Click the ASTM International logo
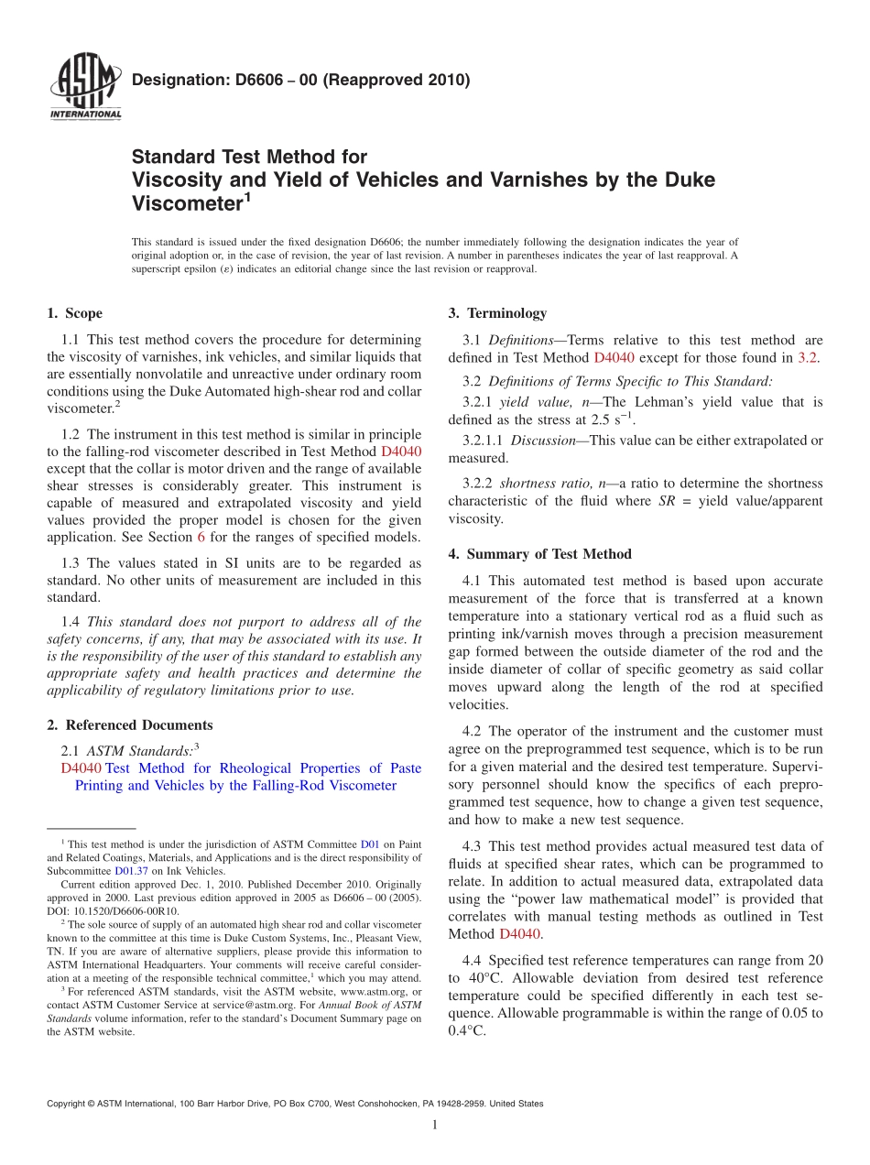[x=84, y=88]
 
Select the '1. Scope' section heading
[x=74, y=313]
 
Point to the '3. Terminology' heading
[x=496, y=313]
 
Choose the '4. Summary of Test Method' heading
[x=539, y=553]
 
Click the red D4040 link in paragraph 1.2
[x=400, y=452]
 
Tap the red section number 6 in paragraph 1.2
[x=201, y=538]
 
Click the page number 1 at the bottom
[x=435, y=1125]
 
